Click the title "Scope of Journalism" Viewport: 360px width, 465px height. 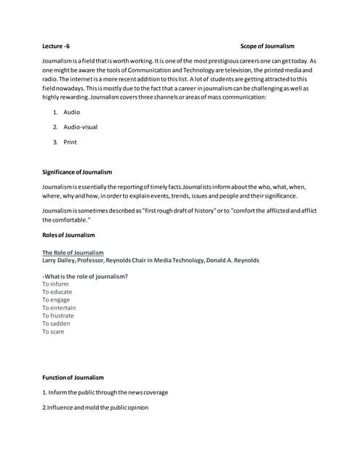267,46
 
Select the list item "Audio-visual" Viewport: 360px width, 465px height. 80,127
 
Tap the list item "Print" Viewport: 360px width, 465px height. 70,142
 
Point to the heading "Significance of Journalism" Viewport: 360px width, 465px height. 77,172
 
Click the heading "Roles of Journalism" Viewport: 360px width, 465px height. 68,235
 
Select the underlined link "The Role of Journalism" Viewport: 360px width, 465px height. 73,253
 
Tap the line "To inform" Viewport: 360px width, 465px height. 55,284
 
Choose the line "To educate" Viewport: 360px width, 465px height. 57,292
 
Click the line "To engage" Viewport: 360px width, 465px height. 56,300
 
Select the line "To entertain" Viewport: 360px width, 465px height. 59,308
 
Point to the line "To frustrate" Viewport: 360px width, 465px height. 58,316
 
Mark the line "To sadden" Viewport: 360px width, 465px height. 56,324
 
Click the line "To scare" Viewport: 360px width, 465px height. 53,332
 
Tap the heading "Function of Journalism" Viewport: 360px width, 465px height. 73,378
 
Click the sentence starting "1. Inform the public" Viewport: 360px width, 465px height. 105,392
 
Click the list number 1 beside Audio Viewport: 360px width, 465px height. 55,113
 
